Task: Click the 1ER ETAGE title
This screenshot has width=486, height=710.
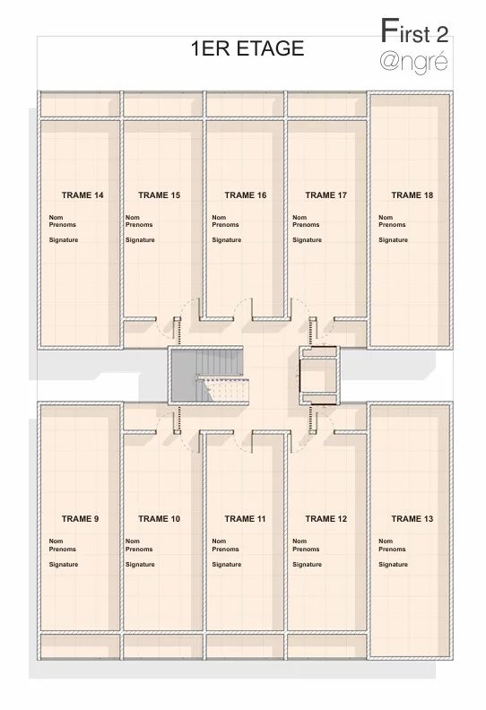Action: click(247, 48)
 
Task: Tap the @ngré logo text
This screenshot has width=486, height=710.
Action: click(413, 62)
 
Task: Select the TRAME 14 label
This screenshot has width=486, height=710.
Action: click(82, 195)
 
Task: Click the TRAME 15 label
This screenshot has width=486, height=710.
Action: click(159, 195)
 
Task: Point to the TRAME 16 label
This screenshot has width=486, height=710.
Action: click(246, 195)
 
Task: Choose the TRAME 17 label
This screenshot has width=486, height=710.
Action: click(325, 195)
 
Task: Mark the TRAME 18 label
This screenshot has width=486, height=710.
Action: click(412, 195)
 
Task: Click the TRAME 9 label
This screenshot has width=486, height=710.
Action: click(80, 519)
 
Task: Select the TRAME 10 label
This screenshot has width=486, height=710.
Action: click(159, 519)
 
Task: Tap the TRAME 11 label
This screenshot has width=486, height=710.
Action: click(245, 519)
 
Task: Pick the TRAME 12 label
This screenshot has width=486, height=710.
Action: click(325, 519)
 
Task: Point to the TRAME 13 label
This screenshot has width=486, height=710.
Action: click(412, 519)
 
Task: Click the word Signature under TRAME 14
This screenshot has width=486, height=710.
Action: click(64, 240)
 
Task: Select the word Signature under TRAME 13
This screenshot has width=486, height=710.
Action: click(393, 565)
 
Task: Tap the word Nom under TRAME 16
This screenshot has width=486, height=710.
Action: click(219, 217)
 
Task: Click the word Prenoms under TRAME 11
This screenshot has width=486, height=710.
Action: click(225, 550)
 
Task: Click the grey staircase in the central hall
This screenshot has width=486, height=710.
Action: click(208, 376)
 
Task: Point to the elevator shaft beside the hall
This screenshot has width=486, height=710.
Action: click(319, 376)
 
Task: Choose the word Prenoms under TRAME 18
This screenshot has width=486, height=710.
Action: click(392, 225)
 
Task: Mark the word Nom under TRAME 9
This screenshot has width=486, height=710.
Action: click(56, 541)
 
